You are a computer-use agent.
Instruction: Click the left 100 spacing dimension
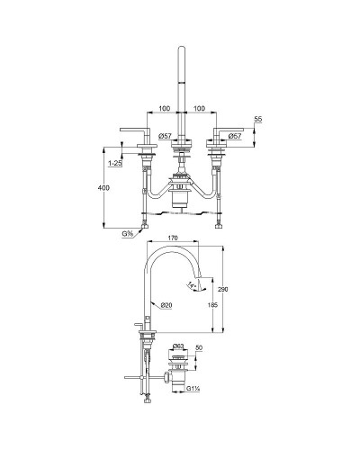pyautogui.click(x=164, y=109)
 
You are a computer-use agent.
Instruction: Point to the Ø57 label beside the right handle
pyautogui.click(x=233, y=136)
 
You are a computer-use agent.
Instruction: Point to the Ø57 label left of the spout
pyautogui.click(x=165, y=136)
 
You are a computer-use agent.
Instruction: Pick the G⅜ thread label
pyautogui.click(x=130, y=234)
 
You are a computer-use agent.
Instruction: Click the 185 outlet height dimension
pyautogui.click(x=212, y=306)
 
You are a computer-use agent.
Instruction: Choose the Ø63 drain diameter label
pyautogui.click(x=178, y=346)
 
